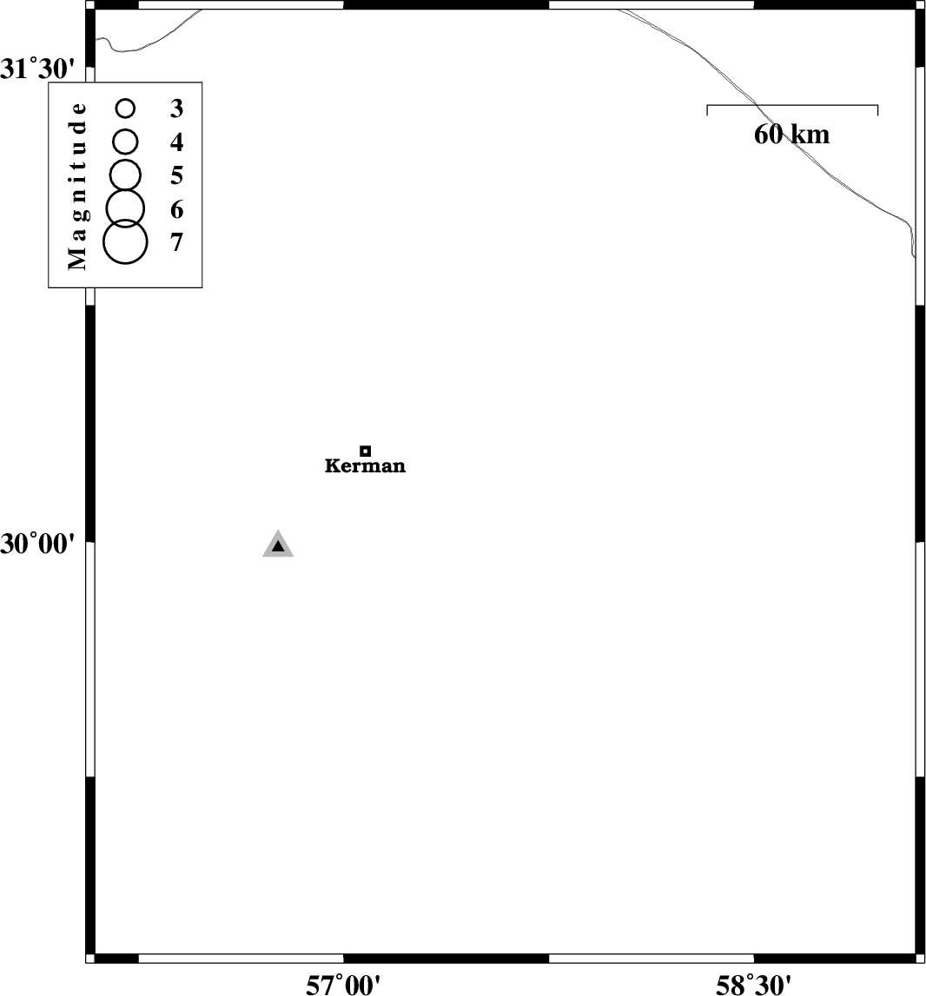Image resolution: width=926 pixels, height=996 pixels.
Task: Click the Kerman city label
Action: (365, 465)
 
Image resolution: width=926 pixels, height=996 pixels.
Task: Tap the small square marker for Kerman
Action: (366, 451)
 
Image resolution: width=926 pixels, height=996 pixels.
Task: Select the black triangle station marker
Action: (278, 545)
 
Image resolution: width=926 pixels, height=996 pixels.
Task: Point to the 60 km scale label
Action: (792, 134)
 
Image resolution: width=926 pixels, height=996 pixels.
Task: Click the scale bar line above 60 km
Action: (792, 105)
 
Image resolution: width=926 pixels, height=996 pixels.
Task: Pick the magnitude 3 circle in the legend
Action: (126, 109)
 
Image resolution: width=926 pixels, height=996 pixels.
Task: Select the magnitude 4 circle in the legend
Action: (126, 142)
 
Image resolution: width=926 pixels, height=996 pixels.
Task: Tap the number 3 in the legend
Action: (176, 109)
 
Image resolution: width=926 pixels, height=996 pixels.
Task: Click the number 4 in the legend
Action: (176, 142)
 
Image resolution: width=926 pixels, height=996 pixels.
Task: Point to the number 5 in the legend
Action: (176, 175)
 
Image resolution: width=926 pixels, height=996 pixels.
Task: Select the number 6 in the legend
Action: (176, 209)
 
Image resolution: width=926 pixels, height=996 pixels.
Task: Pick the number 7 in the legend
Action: (176, 242)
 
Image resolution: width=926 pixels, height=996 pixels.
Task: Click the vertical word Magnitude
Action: (77, 186)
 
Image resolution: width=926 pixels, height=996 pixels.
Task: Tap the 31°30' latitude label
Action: (37, 69)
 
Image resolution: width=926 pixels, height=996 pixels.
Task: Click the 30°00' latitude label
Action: (37, 544)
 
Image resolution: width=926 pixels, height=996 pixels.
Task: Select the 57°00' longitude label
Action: (343, 985)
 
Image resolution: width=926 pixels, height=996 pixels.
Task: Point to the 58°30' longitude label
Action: (754, 985)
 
